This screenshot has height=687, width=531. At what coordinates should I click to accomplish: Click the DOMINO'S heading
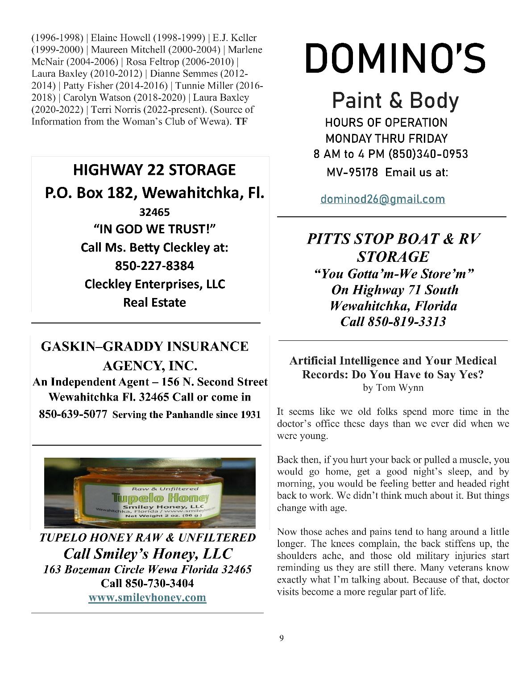click(x=395, y=58)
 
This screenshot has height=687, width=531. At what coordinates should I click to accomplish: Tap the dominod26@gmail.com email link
click(x=382, y=199)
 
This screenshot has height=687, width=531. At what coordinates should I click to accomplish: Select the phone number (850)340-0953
click(x=428, y=154)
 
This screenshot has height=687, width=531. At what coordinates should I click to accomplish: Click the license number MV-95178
click(x=352, y=172)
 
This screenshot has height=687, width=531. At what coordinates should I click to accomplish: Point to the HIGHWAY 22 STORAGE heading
click(x=154, y=170)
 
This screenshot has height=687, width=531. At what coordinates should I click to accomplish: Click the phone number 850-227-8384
click(x=154, y=266)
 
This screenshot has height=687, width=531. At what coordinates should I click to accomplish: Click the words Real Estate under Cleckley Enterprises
click(x=154, y=302)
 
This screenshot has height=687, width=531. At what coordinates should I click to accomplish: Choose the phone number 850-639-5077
click(x=73, y=414)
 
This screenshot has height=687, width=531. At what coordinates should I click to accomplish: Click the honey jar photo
click(x=149, y=492)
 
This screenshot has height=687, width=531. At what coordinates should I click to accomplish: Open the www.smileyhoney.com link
click(x=147, y=598)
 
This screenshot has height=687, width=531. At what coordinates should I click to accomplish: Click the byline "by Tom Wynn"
click(x=393, y=388)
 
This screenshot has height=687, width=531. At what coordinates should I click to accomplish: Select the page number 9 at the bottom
click(x=281, y=638)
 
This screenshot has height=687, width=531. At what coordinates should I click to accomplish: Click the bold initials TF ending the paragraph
click(x=241, y=121)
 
